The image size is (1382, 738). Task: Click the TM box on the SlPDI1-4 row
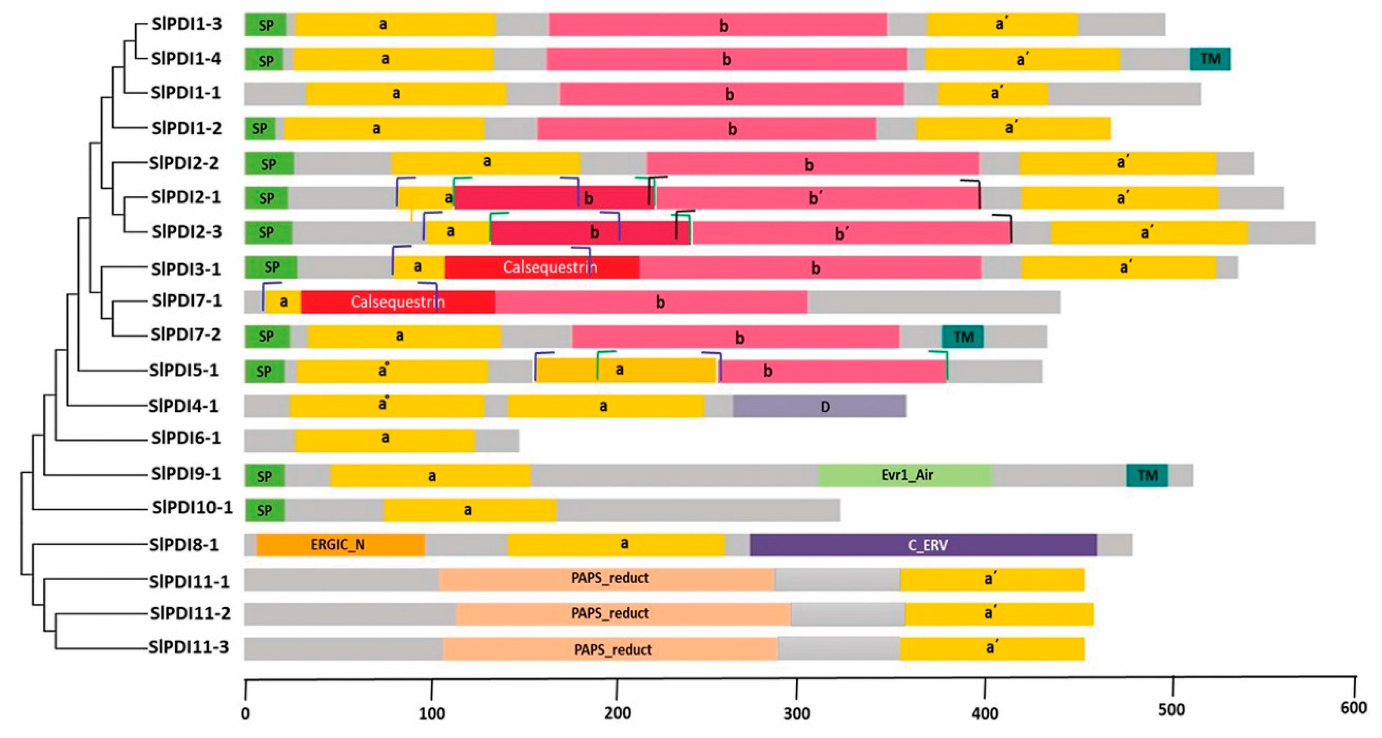[1210, 59]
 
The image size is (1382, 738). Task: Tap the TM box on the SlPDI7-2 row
[962, 337]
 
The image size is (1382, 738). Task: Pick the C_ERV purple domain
[923, 545]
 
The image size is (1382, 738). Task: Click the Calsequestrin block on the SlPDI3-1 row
[542, 267]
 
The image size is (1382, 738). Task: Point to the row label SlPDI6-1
[186, 438]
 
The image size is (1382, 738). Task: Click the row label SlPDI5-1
[184, 370]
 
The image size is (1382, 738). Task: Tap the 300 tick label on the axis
[797, 713]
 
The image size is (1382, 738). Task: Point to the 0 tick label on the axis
[245, 714]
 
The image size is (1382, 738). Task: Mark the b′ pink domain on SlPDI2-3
[850, 233]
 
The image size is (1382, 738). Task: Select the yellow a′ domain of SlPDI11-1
[992, 579]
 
